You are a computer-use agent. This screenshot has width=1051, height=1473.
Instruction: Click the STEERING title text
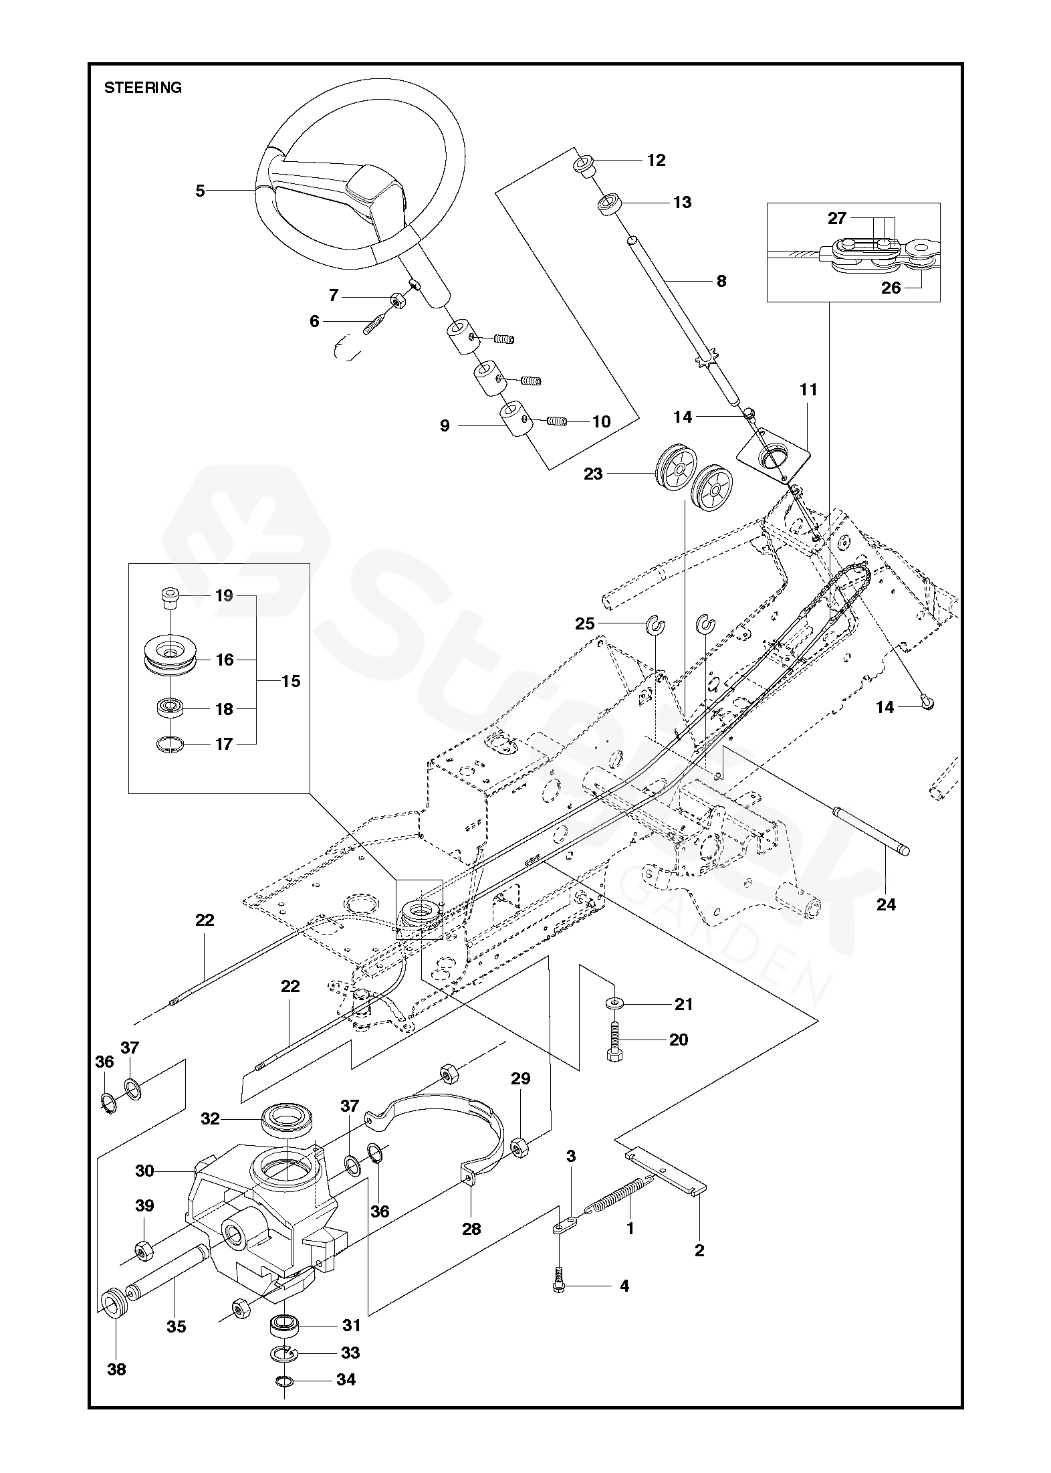pos(143,88)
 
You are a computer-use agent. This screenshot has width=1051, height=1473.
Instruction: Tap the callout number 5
pos(200,191)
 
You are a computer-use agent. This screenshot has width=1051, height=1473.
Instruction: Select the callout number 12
pos(657,161)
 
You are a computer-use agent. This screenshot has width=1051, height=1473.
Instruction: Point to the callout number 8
pos(721,281)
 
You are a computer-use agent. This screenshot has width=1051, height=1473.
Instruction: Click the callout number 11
pos(808,390)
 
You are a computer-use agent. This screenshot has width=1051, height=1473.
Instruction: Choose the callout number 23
pos(593,474)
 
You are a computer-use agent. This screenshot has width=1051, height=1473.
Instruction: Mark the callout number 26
pos(891,288)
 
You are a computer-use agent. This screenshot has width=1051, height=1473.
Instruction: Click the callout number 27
pos(837,218)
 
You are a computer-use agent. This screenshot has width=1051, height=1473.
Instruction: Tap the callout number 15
pos(291,682)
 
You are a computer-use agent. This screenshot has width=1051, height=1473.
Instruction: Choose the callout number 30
pos(145,1171)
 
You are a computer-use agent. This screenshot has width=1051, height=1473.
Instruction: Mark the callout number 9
pos(445,425)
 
